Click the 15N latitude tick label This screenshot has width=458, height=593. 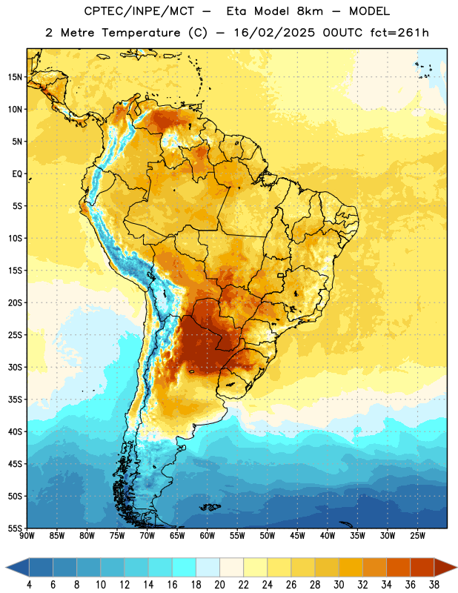[15, 77]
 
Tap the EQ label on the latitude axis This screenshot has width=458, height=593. [17, 174]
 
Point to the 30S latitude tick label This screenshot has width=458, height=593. [15, 367]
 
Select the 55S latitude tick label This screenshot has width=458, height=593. [15, 528]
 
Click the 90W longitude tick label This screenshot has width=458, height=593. [27, 536]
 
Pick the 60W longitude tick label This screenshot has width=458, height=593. [208, 536]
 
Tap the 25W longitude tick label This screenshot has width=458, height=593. [417, 536]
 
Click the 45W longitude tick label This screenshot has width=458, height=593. [297, 536]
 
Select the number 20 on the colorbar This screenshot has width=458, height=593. [219, 585]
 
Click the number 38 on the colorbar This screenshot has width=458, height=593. [434, 585]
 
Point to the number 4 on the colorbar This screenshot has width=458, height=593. [29, 585]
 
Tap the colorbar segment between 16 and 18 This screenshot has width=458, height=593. [184, 567]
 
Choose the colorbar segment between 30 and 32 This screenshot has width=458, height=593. [351, 567]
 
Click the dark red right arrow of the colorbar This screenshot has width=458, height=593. [445, 567]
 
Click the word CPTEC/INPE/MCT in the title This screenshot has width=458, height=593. [139, 11]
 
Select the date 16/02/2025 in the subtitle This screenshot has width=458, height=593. [273, 33]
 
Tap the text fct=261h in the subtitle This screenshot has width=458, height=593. [399, 33]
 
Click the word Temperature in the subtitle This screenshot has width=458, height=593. [141, 33]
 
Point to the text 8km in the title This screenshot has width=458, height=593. [310, 11]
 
